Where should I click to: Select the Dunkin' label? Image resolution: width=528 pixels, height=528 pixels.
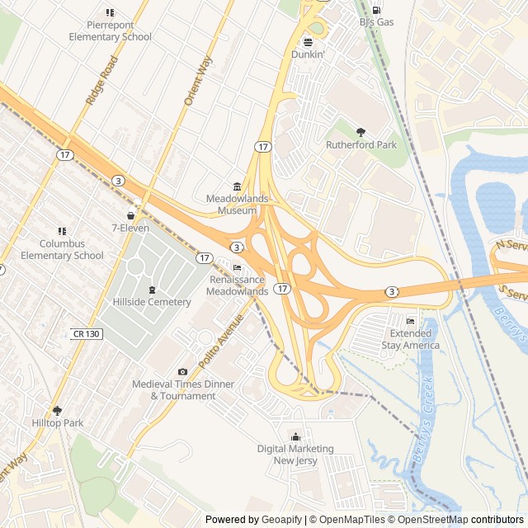click(x=309, y=54)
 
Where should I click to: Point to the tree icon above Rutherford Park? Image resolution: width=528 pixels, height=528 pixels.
click(x=361, y=132)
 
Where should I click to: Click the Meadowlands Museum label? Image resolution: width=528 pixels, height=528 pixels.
click(x=237, y=205)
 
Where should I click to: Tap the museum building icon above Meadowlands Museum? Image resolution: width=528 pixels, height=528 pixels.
click(x=237, y=186)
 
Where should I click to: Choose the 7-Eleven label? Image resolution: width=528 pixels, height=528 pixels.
click(x=130, y=228)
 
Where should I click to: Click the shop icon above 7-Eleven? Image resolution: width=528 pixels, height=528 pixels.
click(x=130, y=214)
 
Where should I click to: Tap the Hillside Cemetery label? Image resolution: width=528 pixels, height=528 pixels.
click(x=152, y=302)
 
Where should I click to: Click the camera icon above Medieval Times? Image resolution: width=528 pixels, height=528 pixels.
click(x=183, y=373)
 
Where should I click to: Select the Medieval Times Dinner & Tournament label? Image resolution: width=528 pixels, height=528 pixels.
click(x=183, y=390)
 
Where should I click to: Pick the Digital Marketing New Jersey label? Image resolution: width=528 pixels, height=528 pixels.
click(x=295, y=455)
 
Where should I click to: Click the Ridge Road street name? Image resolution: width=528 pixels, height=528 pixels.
click(x=102, y=80)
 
